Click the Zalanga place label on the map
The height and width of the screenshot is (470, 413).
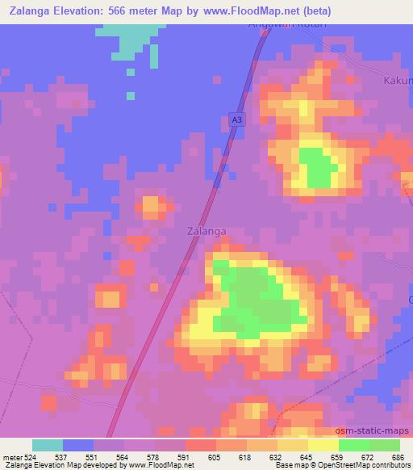click(x=206, y=231)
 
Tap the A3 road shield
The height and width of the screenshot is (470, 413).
click(x=236, y=120)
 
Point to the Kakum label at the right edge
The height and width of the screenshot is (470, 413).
click(x=398, y=82)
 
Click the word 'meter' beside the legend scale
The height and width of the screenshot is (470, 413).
click(x=11, y=456)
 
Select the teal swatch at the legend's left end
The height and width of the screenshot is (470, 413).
click(x=48, y=445)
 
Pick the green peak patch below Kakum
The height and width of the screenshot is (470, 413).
click(x=318, y=168)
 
